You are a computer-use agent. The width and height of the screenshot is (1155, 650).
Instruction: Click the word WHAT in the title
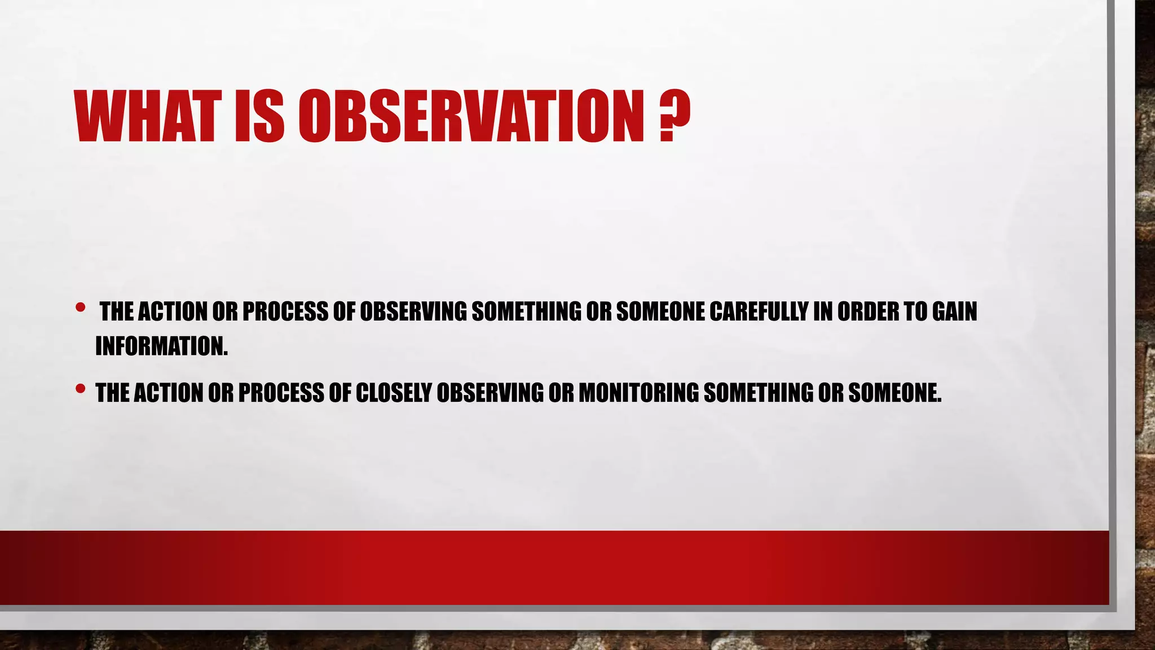[144, 116]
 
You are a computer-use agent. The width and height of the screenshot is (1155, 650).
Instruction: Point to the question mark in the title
[675, 116]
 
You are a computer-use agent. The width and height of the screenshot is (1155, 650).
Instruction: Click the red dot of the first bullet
[80, 308]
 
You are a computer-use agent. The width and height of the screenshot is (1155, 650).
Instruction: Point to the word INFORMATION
[161, 346]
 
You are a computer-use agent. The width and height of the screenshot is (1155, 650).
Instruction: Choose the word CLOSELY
[394, 393]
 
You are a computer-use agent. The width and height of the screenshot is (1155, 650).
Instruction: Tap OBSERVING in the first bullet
[413, 311]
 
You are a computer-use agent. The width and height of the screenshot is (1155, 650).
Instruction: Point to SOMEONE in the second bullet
[894, 393]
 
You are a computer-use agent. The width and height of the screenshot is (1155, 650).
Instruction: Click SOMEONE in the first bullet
[660, 311]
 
